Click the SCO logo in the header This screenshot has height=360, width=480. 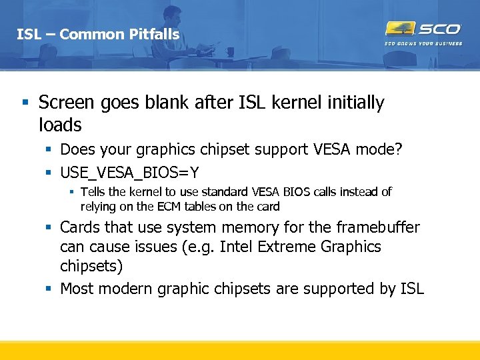423,29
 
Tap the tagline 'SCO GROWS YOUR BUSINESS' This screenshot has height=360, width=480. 423,45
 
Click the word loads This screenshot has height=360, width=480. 60,125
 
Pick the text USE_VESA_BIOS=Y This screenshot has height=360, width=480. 129,173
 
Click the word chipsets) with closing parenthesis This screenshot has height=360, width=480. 92,266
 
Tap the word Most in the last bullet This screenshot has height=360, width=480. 76,289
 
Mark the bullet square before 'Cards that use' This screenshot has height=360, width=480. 49,228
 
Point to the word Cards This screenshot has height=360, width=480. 79,227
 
